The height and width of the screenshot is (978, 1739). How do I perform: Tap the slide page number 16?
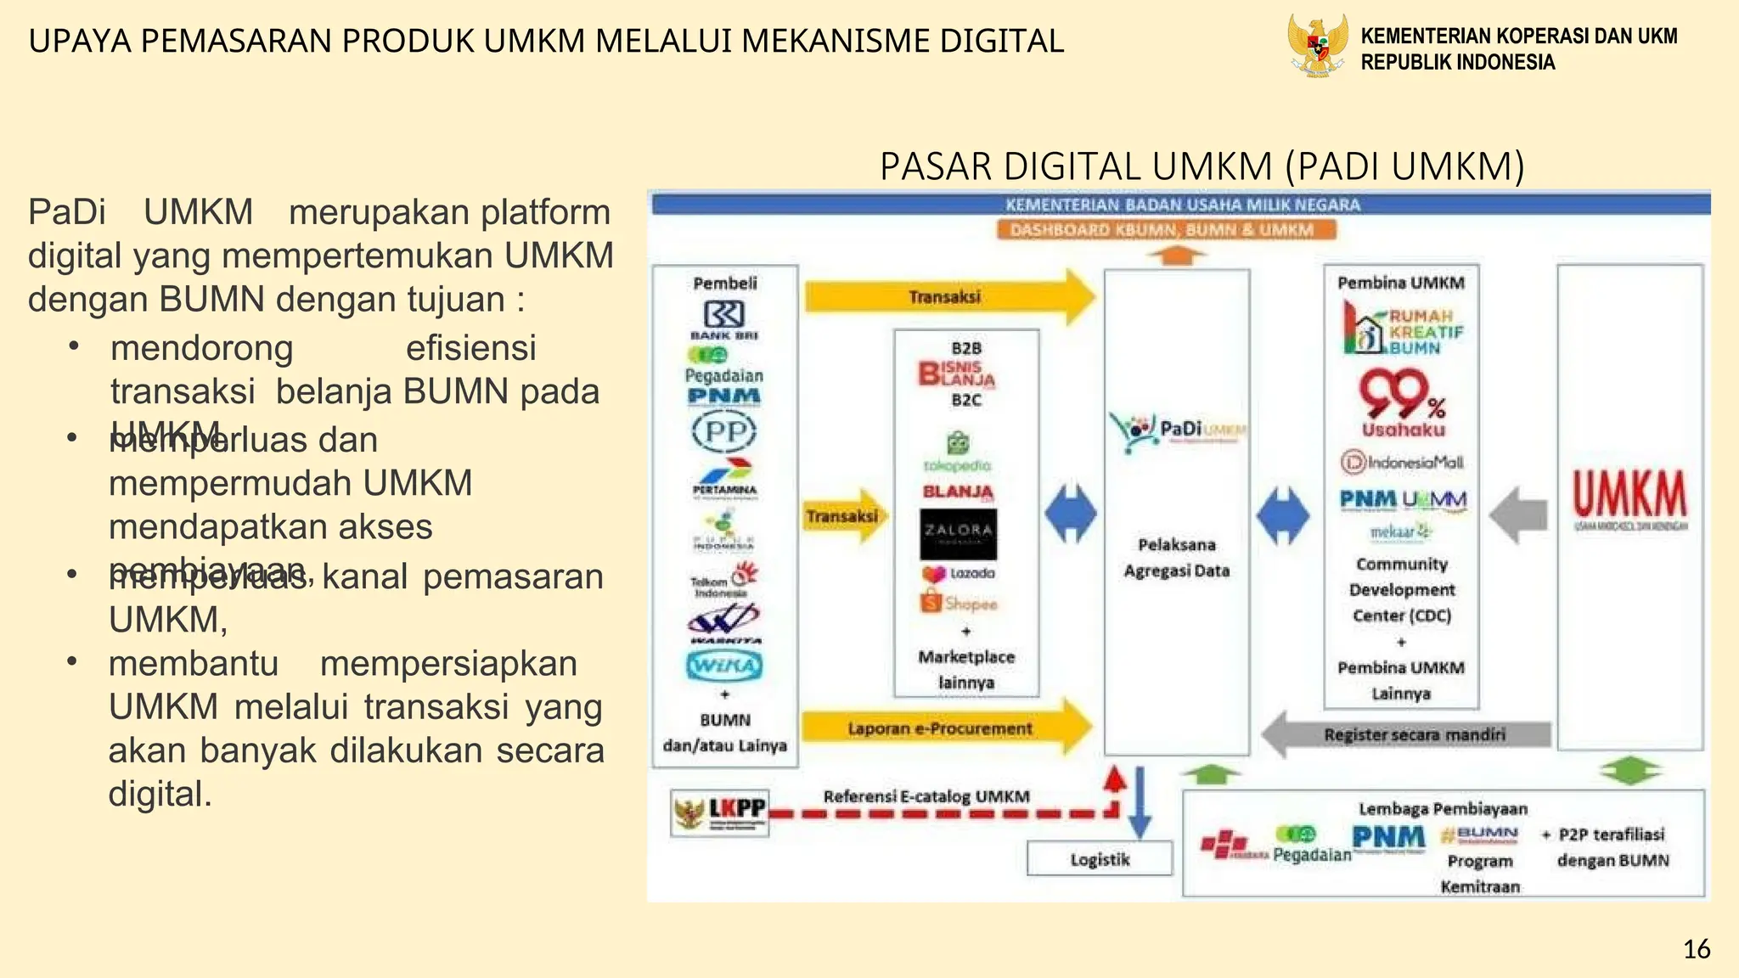click(x=1697, y=948)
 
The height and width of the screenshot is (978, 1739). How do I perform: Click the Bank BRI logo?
click(x=723, y=318)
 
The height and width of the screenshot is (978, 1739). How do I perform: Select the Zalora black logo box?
click(x=958, y=533)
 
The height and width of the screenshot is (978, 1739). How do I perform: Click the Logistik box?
click(x=1100, y=859)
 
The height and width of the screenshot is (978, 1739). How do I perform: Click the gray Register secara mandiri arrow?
click(x=1410, y=734)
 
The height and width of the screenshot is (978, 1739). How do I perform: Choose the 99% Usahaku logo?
click(x=1403, y=404)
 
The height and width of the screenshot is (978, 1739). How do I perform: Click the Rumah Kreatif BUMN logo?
click(x=1404, y=330)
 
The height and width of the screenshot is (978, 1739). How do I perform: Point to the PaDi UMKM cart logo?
click(x=1176, y=430)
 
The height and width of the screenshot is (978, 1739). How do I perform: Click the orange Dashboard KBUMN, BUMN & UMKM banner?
click(x=1165, y=230)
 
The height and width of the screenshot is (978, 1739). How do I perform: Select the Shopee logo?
click(x=960, y=604)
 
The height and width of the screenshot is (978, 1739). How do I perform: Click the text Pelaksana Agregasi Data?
click(x=1176, y=557)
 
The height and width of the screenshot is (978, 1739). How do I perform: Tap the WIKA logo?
click(x=724, y=665)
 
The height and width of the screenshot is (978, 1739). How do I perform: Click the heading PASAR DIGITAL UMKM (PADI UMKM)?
click(x=1202, y=166)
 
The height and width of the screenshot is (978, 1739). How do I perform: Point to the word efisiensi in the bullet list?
click(x=470, y=347)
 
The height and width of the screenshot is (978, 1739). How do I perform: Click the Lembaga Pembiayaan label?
click(x=1443, y=809)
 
